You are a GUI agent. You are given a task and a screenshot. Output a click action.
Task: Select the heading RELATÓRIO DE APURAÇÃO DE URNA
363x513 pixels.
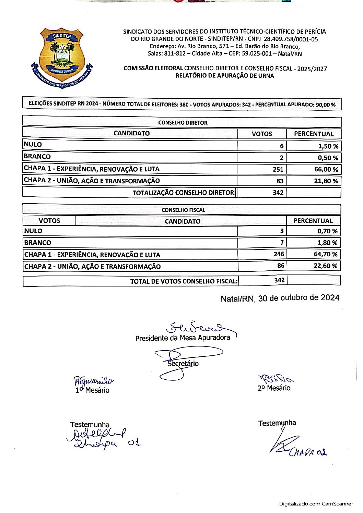(x=225, y=76)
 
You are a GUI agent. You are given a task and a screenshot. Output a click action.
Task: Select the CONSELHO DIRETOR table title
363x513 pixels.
(x=183, y=123)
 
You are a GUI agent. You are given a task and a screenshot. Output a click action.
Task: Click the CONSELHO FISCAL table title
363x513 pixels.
(x=183, y=210)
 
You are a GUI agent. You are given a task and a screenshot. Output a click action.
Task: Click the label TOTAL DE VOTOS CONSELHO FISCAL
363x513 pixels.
(x=184, y=281)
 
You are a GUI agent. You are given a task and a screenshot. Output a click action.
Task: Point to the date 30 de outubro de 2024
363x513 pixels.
(x=298, y=298)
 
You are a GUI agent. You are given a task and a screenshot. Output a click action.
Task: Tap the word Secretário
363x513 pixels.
(x=183, y=364)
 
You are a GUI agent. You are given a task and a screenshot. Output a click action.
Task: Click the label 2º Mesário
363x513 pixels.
(x=274, y=388)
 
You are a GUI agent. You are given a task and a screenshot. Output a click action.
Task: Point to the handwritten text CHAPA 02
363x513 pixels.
(x=308, y=452)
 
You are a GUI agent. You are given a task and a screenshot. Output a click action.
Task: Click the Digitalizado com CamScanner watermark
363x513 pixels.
(x=316, y=504)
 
